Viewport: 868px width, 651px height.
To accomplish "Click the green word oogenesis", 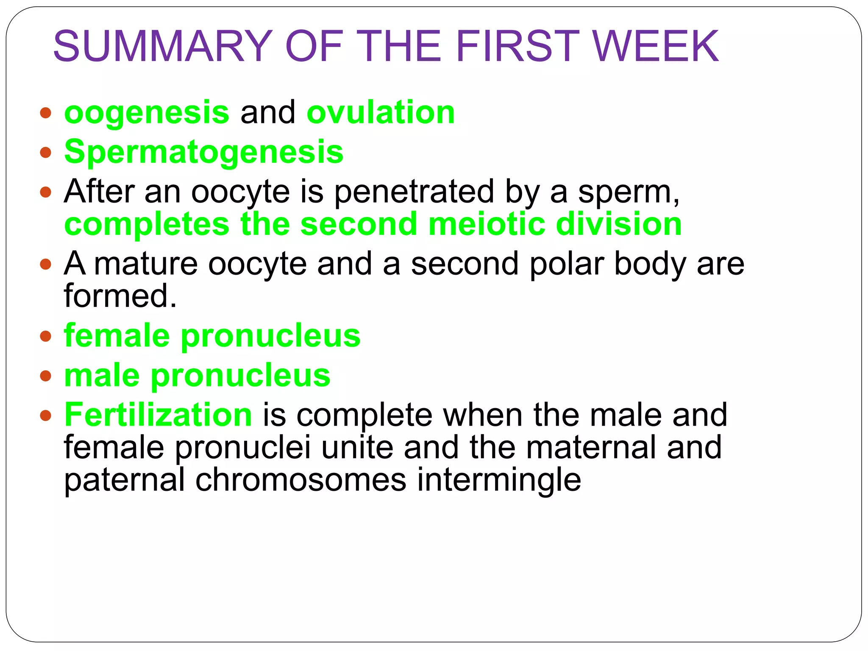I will (x=147, y=113).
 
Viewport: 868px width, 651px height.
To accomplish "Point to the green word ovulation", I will (x=381, y=113).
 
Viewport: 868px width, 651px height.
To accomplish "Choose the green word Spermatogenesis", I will (x=203, y=152).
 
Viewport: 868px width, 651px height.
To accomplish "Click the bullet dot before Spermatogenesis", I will (x=45, y=152).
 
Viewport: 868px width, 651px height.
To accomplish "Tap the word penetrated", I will (x=414, y=192).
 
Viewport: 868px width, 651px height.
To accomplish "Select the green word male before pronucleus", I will (x=102, y=376).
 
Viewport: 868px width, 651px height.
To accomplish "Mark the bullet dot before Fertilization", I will (x=45, y=415).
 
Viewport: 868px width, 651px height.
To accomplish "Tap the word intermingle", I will (x=499, y=481).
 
